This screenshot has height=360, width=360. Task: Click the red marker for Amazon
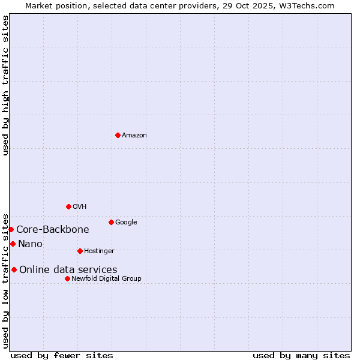pyautogui.click(x=118, y=135)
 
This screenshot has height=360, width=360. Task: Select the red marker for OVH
pyautogui.click(x=68, y=206)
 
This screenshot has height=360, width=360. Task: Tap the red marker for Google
pyautogui.click(x=111, y=222)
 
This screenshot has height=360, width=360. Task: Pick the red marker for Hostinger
pyautogui.click(x=80, y=251)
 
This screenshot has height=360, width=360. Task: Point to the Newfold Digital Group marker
pyautogui.click(x=67, y=278)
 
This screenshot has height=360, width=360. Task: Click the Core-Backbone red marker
pyautogui.click(x=11, y=229)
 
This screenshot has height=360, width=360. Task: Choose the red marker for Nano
pyautogui.click(x=13, y=244)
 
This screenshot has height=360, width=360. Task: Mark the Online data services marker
pyautogui.click(x=14, y=269)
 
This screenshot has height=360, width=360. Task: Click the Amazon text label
pyautogui.click(x=134, y=136)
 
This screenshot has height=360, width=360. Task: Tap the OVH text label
pyautogui.click(x=80, y=207)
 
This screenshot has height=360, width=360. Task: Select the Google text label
pyautogui.click(x=126, y=223)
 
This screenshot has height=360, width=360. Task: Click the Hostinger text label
pyautogui.click(x=99, y=251)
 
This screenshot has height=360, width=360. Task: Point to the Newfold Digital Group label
pyautogui.click(x=106, y=279)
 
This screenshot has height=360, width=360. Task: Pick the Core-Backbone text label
pyautogui.click(x=53, y=230)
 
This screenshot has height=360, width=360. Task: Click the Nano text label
pyautogui.click(x=30, y=244)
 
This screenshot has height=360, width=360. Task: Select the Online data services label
pyautogui.click(x=68, y=270)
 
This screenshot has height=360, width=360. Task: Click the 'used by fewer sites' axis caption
pyautogui.click(x=62, y=355)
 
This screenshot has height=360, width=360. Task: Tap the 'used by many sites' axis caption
pyautogui.click(x=301, y=355)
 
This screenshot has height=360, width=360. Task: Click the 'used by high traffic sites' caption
pyautogui.click(x=5, y=85)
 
